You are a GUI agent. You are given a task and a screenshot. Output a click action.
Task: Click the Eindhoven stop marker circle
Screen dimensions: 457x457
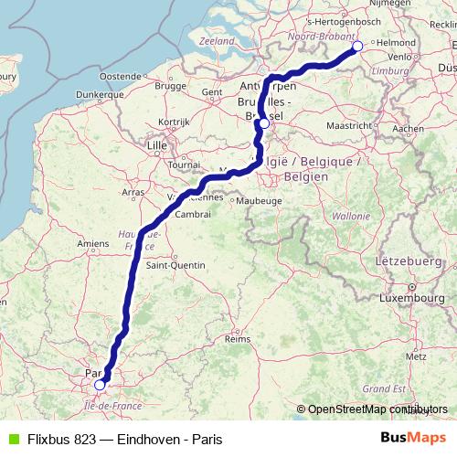[357, 47]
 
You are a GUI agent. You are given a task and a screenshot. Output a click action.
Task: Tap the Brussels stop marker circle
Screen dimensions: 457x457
[264, 123]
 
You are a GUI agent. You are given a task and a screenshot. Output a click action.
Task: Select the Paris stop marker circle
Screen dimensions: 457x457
[100, 385]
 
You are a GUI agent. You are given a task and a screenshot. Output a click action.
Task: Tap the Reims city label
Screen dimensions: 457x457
[238, 339]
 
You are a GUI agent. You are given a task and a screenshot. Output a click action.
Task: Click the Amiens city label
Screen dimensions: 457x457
[93, 243]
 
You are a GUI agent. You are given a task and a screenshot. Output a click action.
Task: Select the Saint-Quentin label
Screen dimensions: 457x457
[175, 266]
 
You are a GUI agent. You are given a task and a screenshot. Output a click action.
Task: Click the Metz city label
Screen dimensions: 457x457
[416, 356]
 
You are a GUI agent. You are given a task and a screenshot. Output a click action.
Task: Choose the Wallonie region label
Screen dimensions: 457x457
[351, 217]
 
